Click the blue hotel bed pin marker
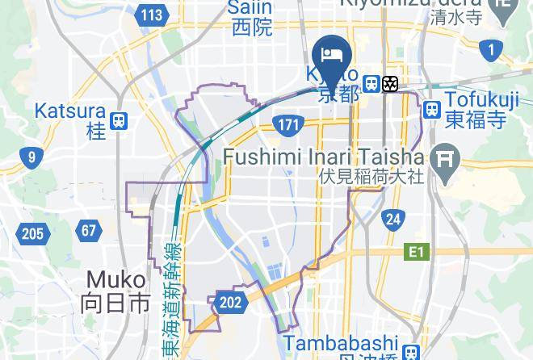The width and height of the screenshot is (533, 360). click(x=332, y=54)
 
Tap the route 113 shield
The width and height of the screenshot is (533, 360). click(x=152, y=15)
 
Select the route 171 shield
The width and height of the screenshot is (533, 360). click(x=287, y=125)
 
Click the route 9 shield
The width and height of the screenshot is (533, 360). click(x=32, y=157)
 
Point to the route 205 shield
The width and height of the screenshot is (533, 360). click(x=32, y=234)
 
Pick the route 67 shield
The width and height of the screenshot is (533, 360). click(x=89, y=231)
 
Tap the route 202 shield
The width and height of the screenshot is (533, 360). click(x=230, y=303)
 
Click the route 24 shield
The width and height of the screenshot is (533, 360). click(x=393, y=219)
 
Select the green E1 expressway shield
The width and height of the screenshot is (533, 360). click(x=415, y=253)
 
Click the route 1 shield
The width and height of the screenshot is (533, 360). click(x=490, y=50)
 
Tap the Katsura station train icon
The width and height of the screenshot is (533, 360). click(x=119, y=122)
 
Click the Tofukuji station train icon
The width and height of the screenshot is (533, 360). click(x=432, y=109)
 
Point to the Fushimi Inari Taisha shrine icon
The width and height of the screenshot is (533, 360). click(x=444, y=158)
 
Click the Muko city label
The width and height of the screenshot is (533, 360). click(x=116, y=291)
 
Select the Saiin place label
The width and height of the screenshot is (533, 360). click(x=251, y=18)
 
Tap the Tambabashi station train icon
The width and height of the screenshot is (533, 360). click(x=411, y=353)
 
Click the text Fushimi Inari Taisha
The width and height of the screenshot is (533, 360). click(x=323, y=156)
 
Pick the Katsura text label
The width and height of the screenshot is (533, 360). click(x=70, y=111)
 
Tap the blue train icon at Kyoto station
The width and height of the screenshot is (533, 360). click(x=371, y=83)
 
